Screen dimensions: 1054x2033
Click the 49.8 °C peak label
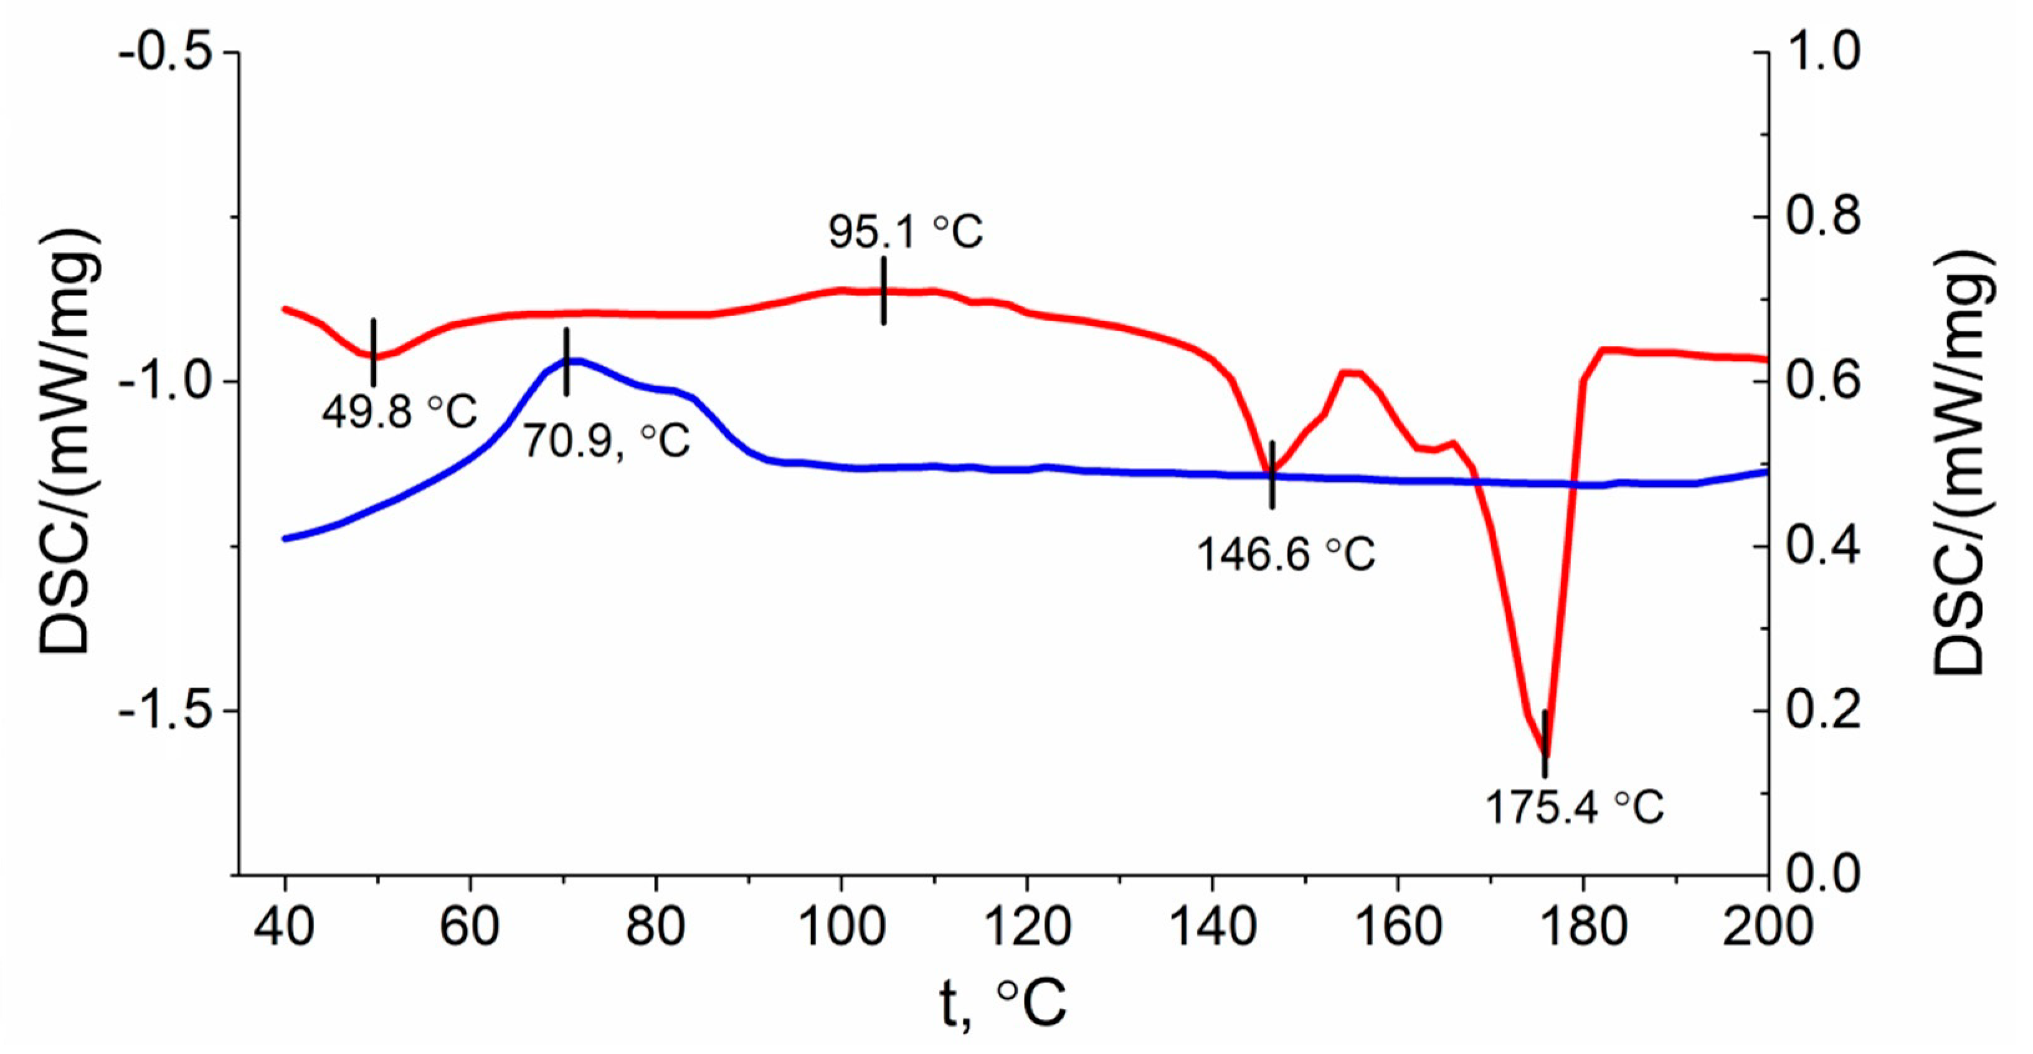pyautogui.click(x=399, y=411)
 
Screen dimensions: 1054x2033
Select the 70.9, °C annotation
pyautogui.click(x=606, y=441)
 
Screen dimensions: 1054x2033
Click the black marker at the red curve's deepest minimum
pyautogui.click(x=1545, y=743)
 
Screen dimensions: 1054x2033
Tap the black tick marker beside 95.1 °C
pyautogui.click(x=884, y=290)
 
